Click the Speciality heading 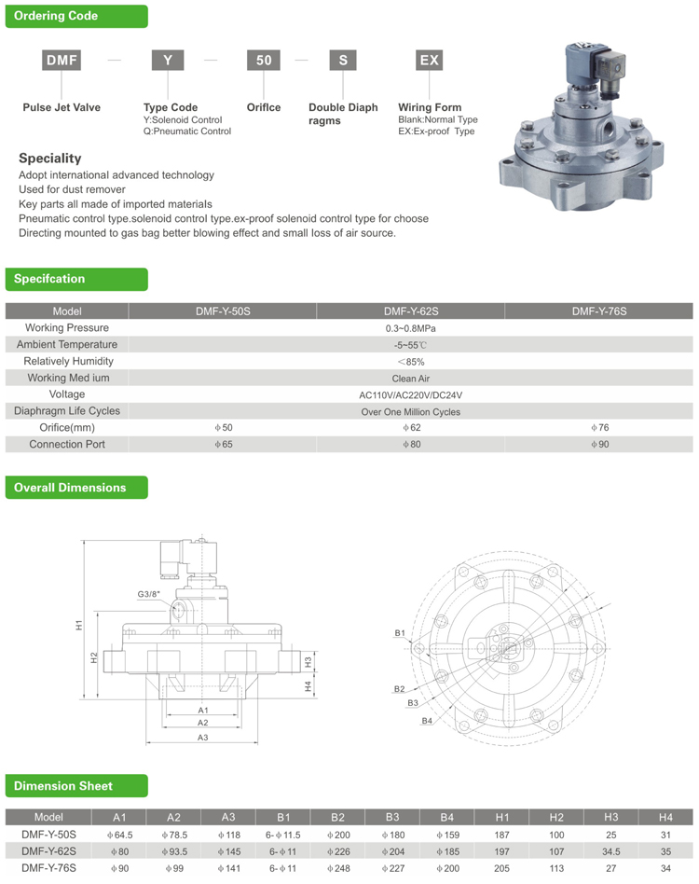coord(49,159)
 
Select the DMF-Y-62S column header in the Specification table coord(410,311)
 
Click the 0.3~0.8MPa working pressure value coord(410,328)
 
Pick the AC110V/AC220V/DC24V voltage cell coord(410,394)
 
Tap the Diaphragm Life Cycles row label coord(67,411)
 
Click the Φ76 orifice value coord(599,428)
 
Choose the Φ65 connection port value coord(223,445)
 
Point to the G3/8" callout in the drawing coord(149,593)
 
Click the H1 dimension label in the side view coord(80,626)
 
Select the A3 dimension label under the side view coord(202,737)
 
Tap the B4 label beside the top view coord(426,720)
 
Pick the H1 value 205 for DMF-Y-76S coord(501,868)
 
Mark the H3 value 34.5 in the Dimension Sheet coord(611,851)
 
